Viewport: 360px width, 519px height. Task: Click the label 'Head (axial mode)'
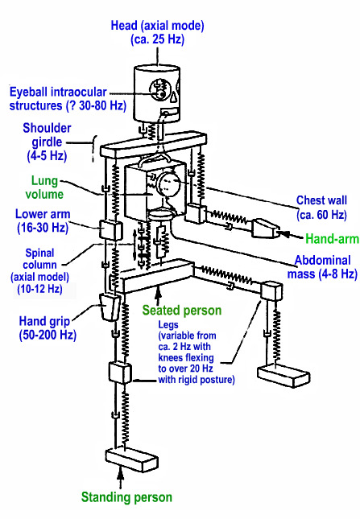point(157,26)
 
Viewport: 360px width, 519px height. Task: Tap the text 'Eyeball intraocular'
point(58,92)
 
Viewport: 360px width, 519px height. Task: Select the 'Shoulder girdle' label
point(47,135)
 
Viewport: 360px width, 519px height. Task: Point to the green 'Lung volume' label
point(44,187)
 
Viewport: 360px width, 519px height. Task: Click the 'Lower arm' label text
point(43,214)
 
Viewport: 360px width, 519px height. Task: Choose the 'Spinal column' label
point(39,259)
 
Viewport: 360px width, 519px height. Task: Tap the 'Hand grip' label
point(44,321)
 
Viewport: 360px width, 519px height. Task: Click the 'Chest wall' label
point(321,200)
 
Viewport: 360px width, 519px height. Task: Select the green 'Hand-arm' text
point(332,239)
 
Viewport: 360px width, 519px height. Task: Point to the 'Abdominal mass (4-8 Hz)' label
point(322,267)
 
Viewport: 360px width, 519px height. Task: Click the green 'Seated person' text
point(182,311)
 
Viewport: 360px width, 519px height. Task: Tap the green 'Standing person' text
point(126,497)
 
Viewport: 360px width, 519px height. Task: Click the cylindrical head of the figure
point(157,93)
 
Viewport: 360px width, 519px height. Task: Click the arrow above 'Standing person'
point(121,477)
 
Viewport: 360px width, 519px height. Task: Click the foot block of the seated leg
point(283,375)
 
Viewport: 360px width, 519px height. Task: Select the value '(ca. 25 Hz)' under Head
point(157,39)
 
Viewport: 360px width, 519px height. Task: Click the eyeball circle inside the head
point(159,89)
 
